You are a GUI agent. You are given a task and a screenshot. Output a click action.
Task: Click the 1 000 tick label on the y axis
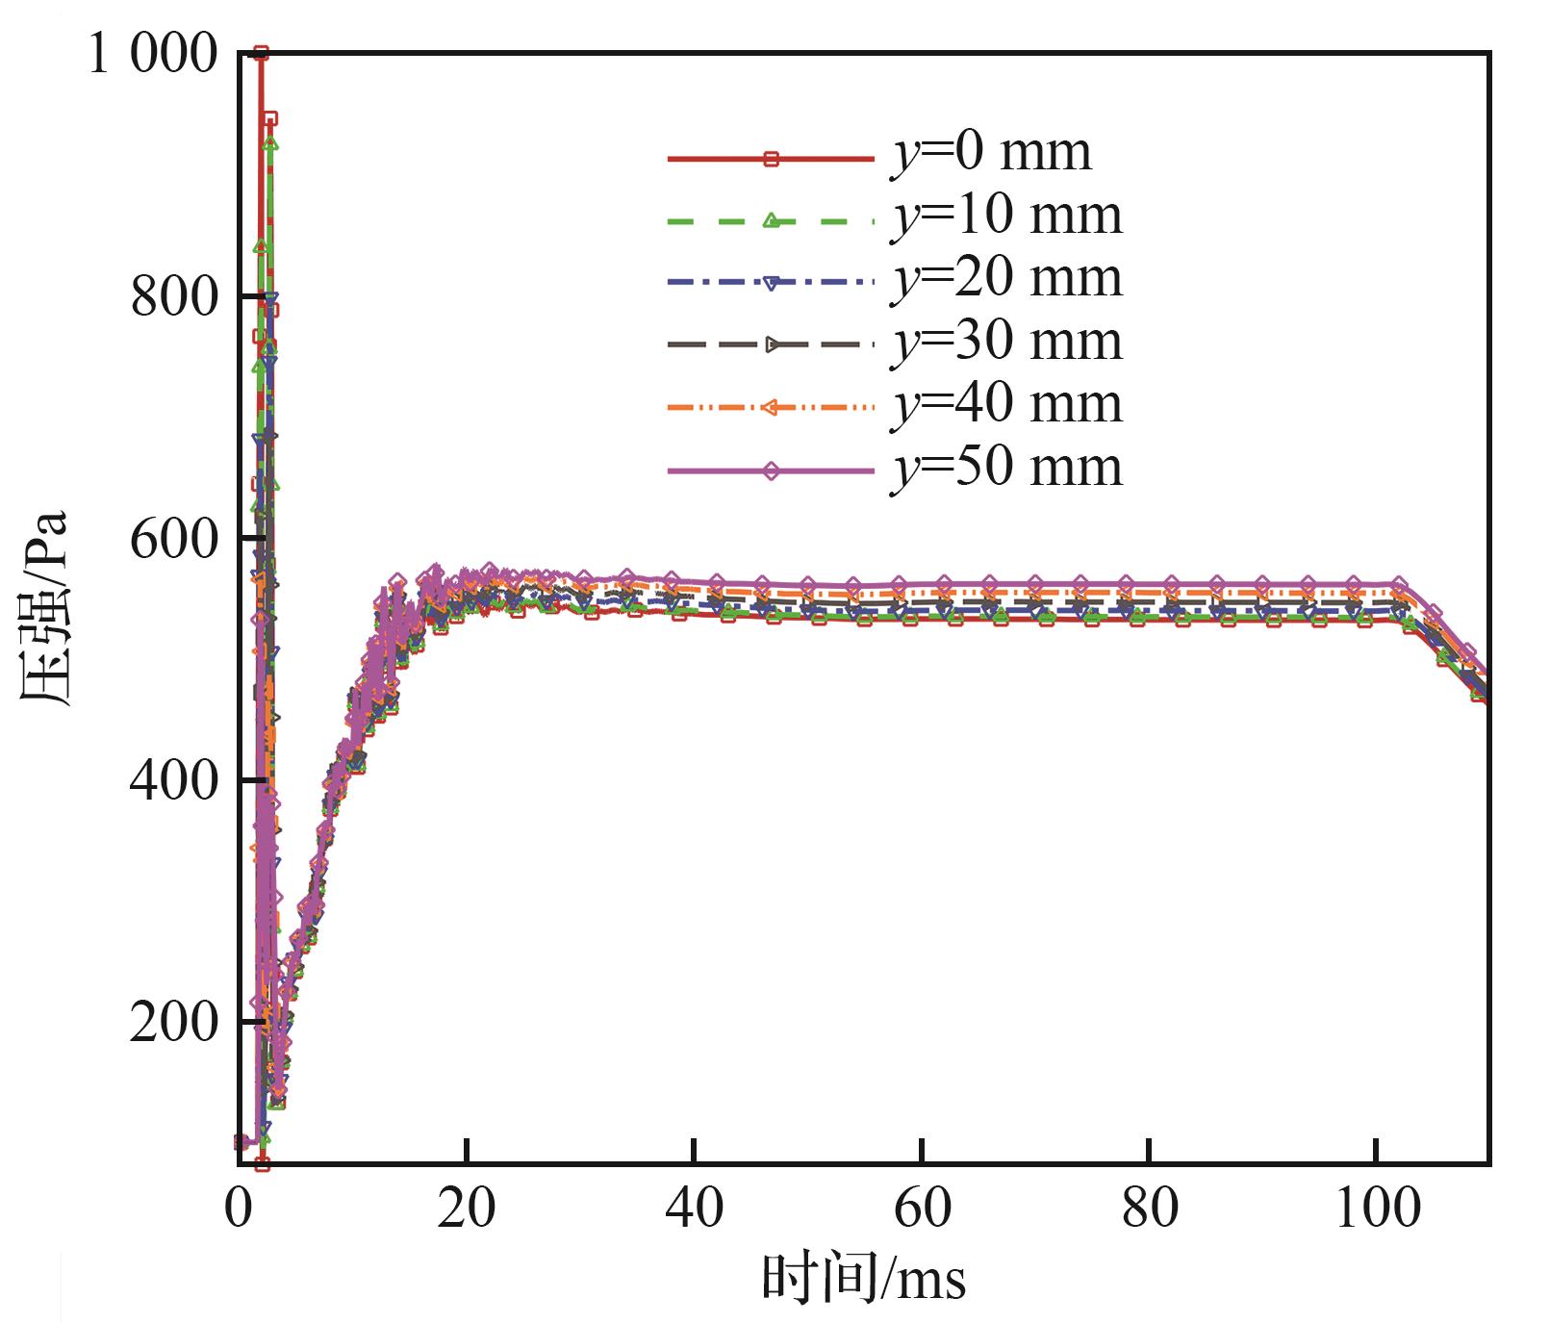point(153,55)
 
